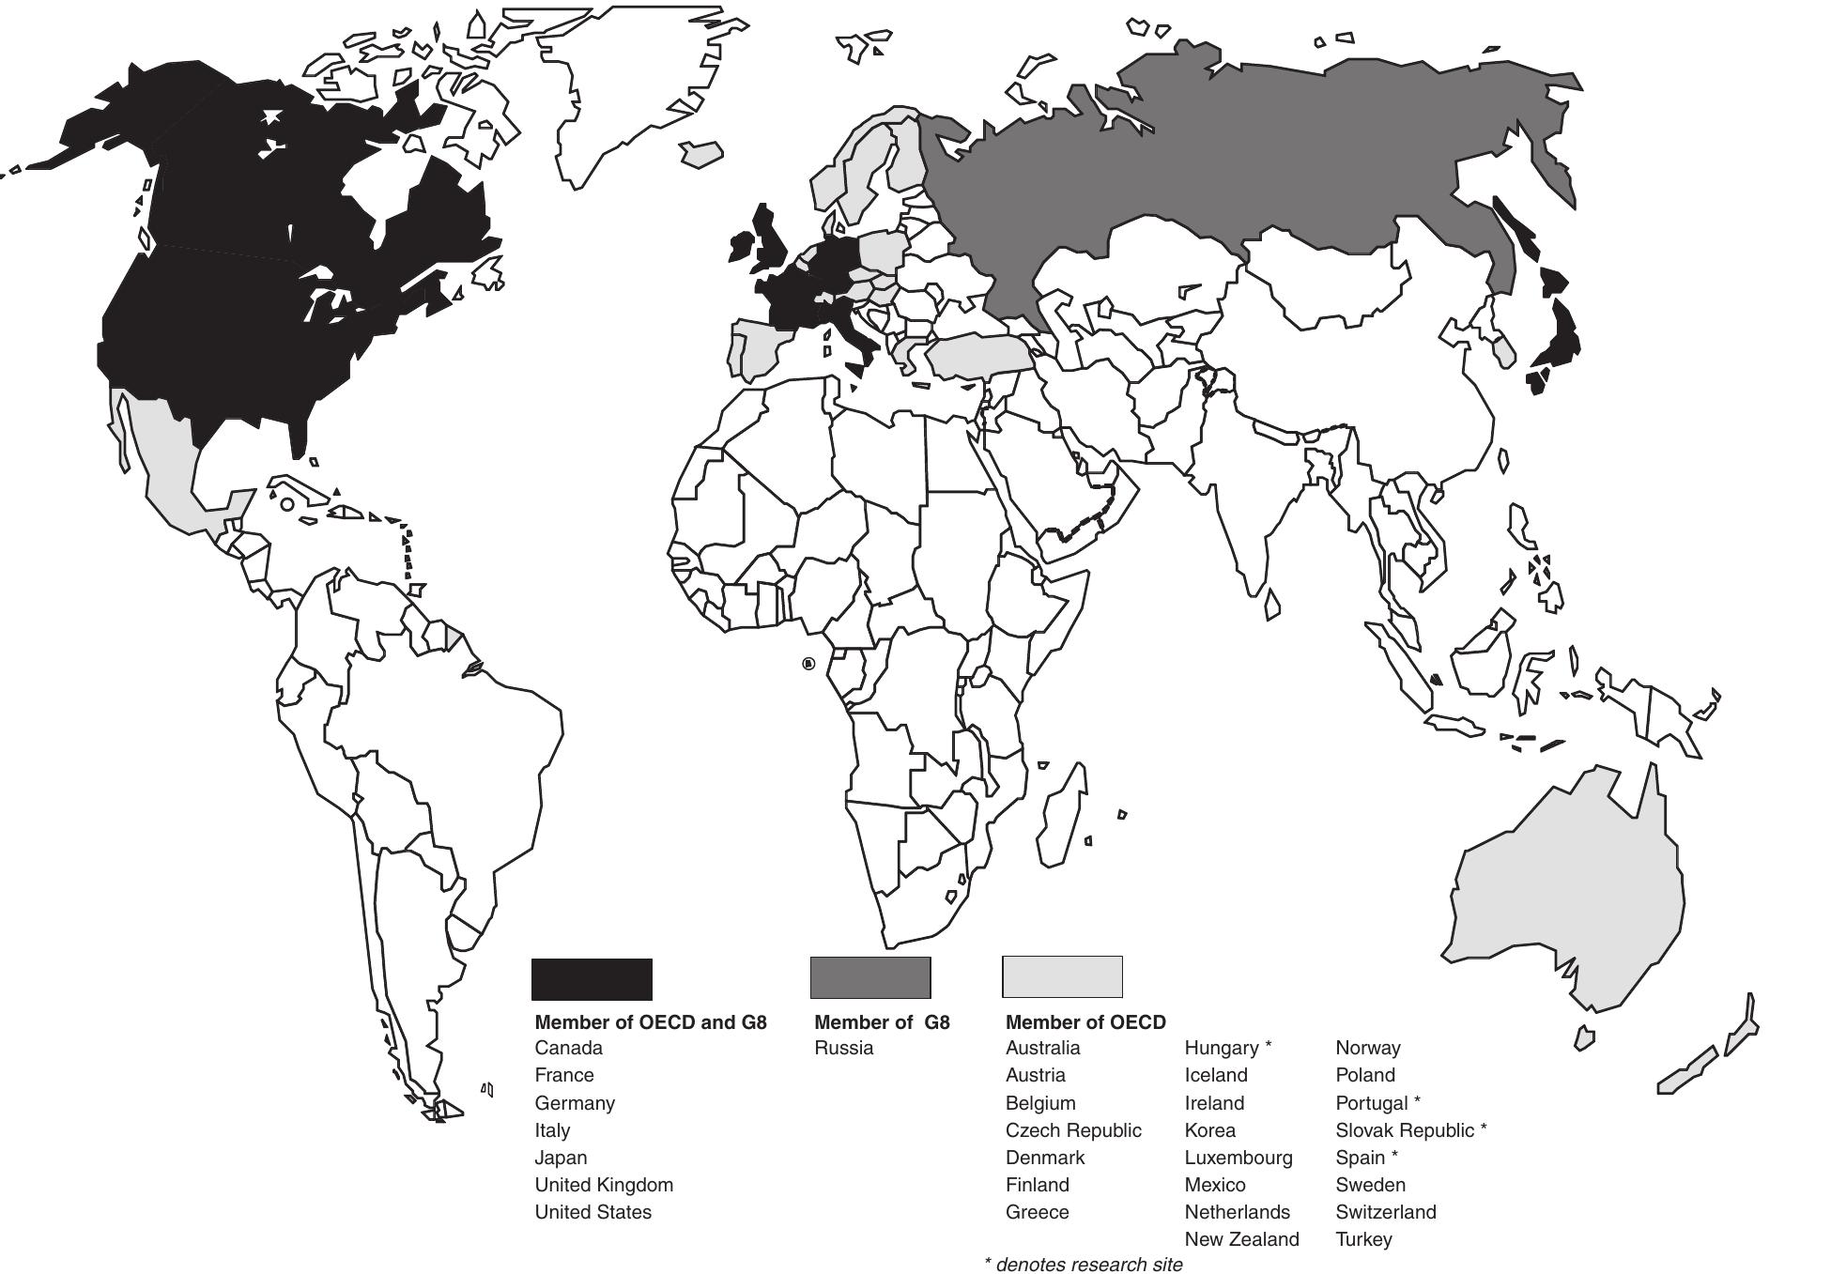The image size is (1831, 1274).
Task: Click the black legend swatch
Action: coord(592,979)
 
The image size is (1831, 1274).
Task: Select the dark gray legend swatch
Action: coord(869,977)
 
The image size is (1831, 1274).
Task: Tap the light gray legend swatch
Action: coord(1062,976)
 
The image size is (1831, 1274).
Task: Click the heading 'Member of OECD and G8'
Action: coord(651,1022)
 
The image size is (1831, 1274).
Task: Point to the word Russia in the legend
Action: coord(843,1048)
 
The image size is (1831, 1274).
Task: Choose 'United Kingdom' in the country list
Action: coord(604,1185)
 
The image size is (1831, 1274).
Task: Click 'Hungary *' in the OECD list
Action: coord(1227,1048)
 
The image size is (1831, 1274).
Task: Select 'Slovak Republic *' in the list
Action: coord(1410,1130)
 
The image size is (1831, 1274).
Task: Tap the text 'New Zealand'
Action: coord(1241,1239)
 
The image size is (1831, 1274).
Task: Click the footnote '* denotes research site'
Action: coord(1083,1265)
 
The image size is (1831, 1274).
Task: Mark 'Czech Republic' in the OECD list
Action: coord(1073,1130)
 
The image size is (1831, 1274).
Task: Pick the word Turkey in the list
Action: coord(1363,1239)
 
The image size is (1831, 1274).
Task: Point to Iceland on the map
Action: coord(701,153)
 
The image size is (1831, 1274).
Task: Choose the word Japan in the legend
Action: coord(561,1158)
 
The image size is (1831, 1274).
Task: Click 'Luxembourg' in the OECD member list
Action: coord(1238,1158)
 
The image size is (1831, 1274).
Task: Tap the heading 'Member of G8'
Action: coord(882,1022)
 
